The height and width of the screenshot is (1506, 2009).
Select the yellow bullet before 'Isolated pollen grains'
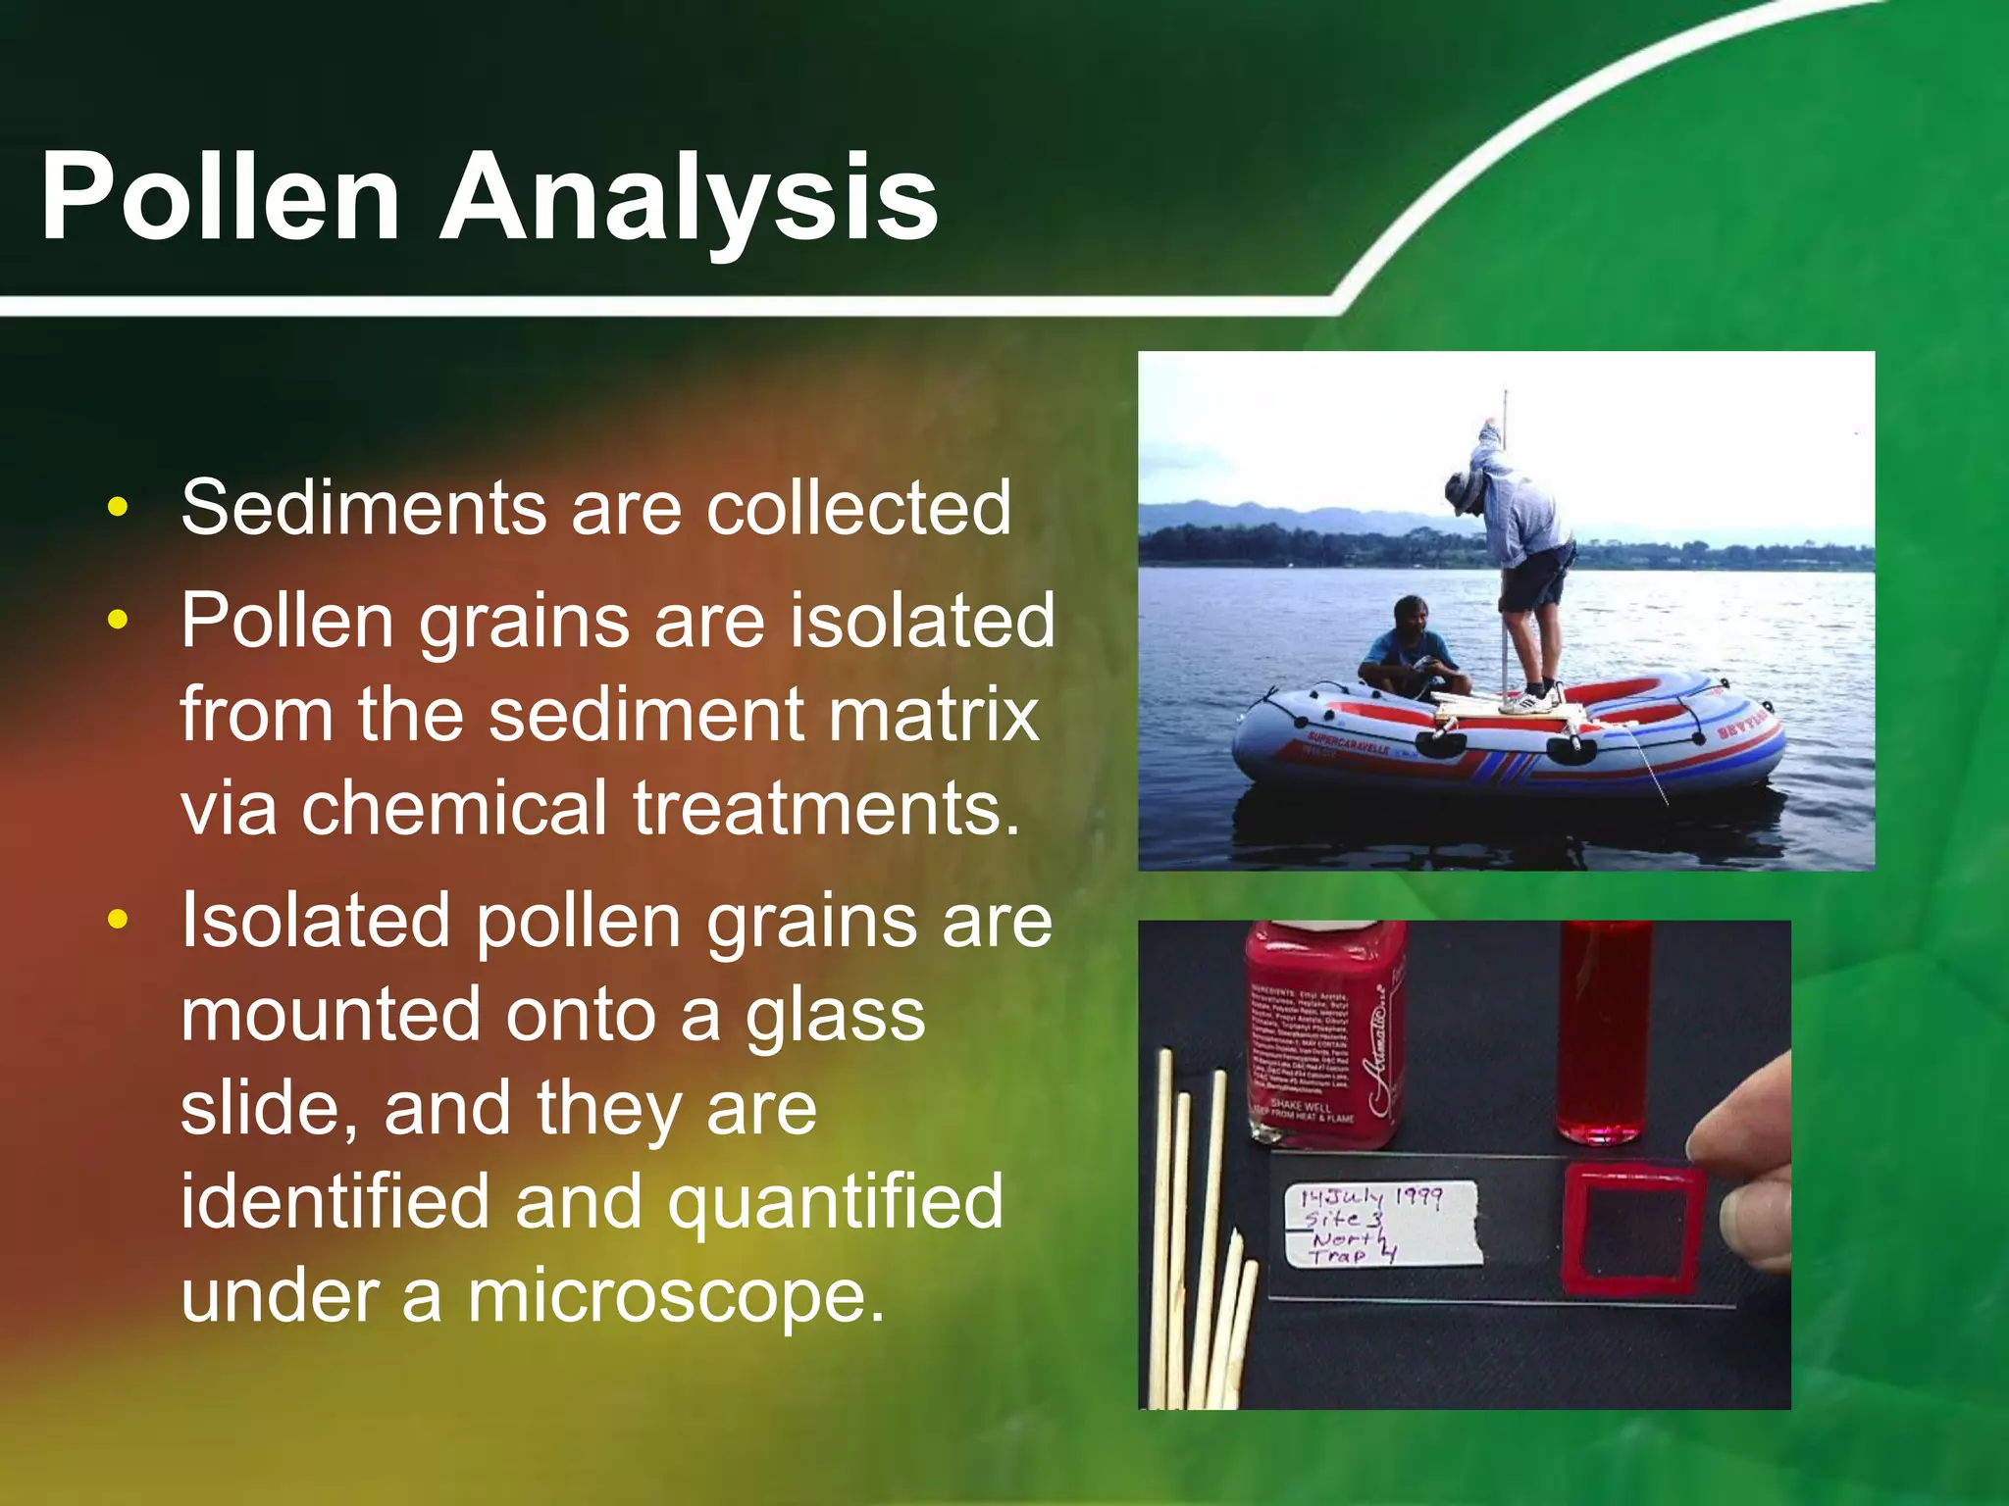119,920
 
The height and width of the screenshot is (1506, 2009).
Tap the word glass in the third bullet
834,1016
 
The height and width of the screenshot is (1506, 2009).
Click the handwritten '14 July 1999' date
1371,1197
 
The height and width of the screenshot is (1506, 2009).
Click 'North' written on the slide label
1349,1239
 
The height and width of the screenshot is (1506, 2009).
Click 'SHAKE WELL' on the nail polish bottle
1301,1106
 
